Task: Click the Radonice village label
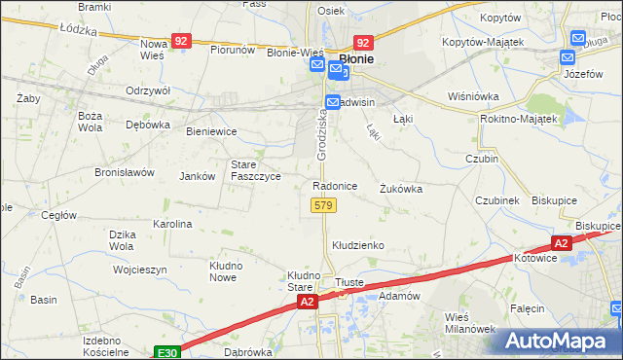[335, 185]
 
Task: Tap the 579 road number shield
[323, 205]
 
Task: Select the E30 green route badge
[166, 352]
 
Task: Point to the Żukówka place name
[401, 189]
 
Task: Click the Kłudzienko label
[358, 245]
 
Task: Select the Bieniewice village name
[211, 130]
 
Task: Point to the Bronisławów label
[125, 172]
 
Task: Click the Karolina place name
[172, 224]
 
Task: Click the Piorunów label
[233, 49]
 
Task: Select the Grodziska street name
[322, 135]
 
